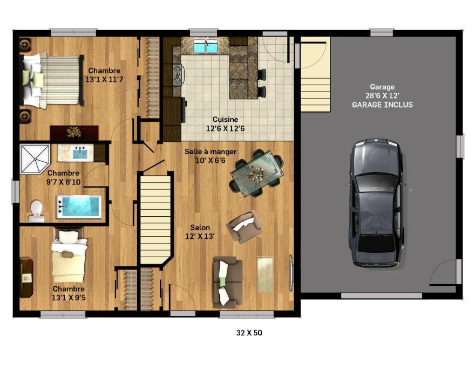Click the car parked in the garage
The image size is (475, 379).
point(377,203)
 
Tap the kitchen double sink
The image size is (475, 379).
point(206,46)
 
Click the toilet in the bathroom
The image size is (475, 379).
point(37,211)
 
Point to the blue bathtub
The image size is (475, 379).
point(79,207)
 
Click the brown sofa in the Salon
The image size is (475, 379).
point(228,282)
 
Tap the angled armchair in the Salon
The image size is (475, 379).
point(245,227)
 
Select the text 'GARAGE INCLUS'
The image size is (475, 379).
point(382,105)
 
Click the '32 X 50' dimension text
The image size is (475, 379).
point(249,333)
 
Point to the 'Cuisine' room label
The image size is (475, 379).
point(225,120)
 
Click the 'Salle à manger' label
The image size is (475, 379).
point(211,151)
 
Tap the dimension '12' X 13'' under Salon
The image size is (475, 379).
point(200,236)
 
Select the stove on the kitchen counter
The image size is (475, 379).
point(177,74)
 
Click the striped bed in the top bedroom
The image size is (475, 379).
point(52,80)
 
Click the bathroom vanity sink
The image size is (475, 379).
point(80,153)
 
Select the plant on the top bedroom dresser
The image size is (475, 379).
point(74,132)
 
